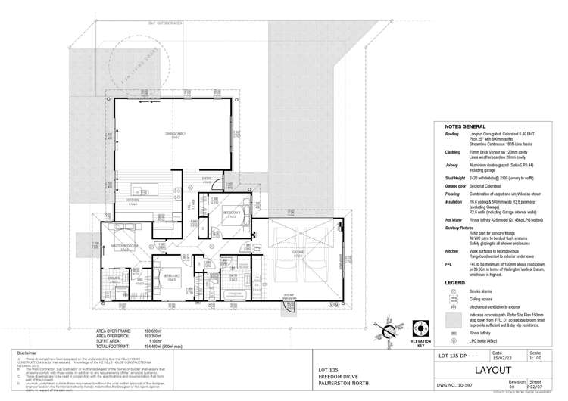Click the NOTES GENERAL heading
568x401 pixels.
(x=464, y=126)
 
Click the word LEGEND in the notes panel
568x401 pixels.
(x=456, y=281)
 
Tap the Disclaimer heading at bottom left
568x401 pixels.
(x=26, y=353)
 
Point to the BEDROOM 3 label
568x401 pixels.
(x=232, y=213)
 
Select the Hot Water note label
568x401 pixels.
(x=452, y=219)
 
